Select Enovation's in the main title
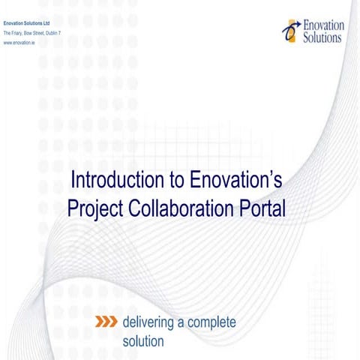235,181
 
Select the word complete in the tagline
211,322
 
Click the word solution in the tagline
142,342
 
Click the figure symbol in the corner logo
290,31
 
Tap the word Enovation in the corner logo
324,25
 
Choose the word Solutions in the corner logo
323,37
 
